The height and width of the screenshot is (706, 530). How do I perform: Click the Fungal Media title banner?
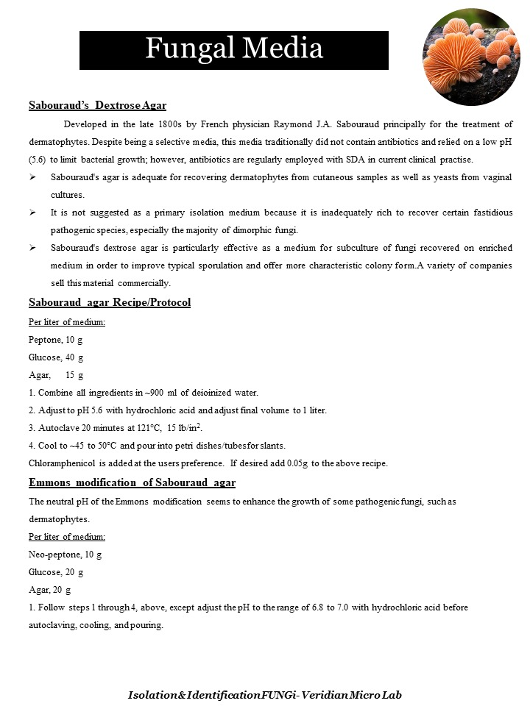click(233, 50)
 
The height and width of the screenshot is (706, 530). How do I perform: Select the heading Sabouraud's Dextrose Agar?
click(102, 105)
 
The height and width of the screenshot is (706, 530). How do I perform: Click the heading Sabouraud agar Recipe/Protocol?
click(110, 302)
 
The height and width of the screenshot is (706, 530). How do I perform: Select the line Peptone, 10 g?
click(55, 340)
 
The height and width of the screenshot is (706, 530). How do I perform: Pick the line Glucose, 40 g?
click(55, 357)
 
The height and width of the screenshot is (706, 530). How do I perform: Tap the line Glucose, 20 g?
click(55, 571)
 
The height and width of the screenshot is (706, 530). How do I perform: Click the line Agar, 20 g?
click(49, 590)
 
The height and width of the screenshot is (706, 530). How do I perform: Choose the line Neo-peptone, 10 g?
click(65, 554)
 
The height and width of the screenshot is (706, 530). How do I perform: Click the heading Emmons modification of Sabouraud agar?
click(132, 482)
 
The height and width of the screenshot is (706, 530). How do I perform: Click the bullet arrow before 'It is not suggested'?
click(33, 213)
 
